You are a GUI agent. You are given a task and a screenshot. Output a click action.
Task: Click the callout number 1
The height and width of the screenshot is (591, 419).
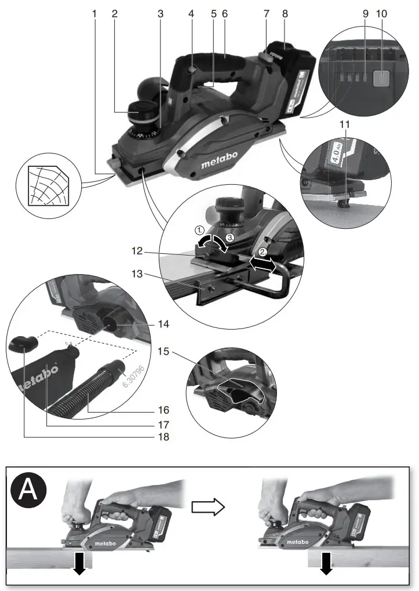(94, 12)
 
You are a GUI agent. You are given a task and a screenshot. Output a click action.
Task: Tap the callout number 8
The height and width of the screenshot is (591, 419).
(283, 12)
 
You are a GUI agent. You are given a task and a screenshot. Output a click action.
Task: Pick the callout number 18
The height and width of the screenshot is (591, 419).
(163, 437)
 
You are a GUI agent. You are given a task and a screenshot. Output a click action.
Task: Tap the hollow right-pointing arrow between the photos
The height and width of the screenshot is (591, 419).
(207, 507)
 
